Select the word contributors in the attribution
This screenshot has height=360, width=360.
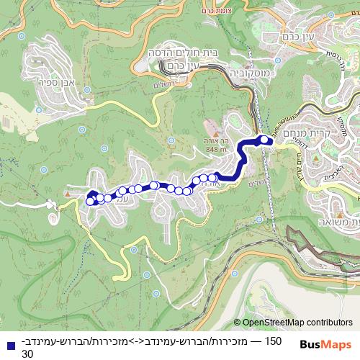tap(328, 323)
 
